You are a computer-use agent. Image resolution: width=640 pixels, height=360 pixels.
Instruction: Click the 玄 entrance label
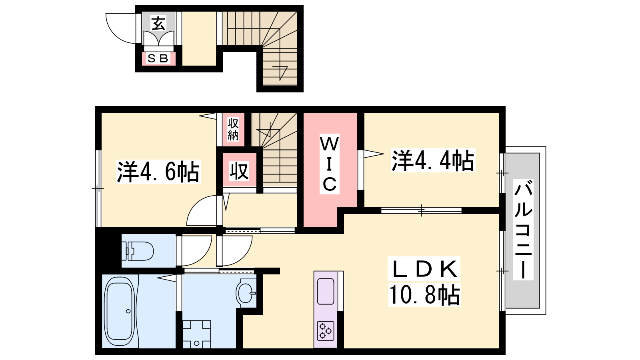158,23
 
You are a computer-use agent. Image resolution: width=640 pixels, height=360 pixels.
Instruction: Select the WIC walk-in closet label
330,164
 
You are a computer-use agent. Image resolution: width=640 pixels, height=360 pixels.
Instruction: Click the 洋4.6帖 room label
158,172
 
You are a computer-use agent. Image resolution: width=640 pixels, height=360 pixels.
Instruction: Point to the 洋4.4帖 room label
433,160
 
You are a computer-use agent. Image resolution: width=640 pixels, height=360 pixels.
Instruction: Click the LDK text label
424,268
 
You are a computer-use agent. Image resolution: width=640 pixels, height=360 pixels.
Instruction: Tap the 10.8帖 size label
424,295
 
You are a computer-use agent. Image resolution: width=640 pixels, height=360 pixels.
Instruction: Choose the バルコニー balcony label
523,230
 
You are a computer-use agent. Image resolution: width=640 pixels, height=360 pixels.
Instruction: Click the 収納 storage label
233,129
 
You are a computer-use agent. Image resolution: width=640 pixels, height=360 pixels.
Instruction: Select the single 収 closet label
239,171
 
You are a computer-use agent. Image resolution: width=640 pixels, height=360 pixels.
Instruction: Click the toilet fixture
138,251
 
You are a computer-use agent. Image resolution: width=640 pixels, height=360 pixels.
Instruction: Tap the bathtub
120,311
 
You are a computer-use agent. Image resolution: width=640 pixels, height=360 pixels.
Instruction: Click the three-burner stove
326,331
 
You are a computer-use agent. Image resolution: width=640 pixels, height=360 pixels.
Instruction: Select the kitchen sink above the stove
326,292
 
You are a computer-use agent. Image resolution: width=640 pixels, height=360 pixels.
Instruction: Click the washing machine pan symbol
197,334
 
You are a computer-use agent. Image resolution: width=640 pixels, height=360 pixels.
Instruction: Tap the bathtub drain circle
128,311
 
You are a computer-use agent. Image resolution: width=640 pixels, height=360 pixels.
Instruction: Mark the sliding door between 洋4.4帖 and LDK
422,210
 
